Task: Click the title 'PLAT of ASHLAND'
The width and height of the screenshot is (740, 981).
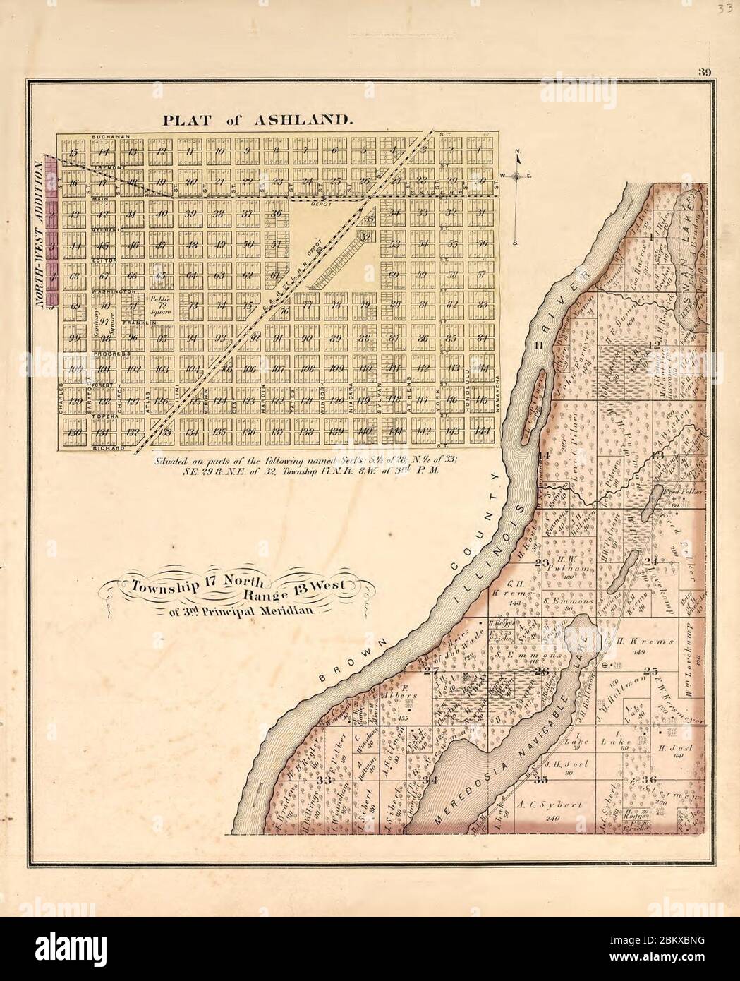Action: click(257, 120)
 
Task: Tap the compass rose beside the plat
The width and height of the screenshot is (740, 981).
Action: click(518, 176)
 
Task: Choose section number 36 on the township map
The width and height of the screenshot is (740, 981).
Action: click(649, 779)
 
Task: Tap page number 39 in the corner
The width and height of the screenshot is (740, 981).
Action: click(704, 71)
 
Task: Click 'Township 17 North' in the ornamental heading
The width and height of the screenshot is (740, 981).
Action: click(193, 583)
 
